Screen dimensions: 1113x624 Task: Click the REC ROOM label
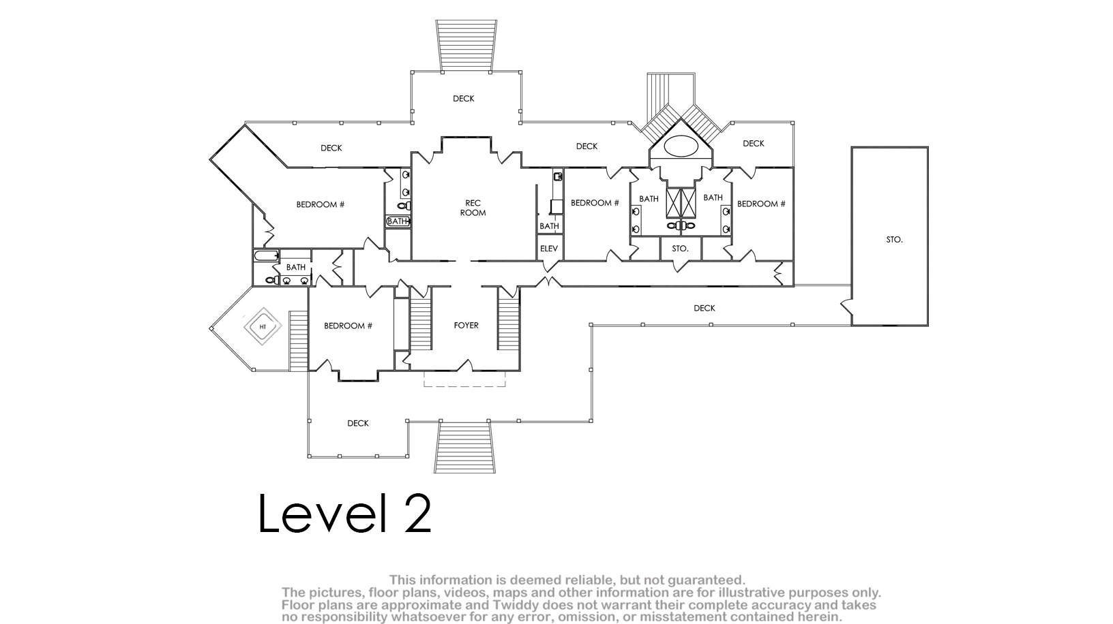(473, 208)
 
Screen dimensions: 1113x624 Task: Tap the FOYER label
(466, 326)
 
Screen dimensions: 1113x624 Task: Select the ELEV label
(549, 249)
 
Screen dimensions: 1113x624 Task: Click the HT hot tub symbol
(263, 326)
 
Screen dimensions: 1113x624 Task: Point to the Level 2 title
(345, 514)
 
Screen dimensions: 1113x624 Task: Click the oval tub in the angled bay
(681, 146)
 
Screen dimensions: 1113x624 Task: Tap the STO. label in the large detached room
(894, 240)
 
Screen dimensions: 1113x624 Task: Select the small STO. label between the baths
(680, 249)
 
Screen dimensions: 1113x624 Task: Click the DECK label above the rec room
(464, 99)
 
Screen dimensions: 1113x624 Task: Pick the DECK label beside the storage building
(704, 309)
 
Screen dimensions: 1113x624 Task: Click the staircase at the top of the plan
(466, 46)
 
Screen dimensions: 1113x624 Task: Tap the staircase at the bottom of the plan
(465, 447)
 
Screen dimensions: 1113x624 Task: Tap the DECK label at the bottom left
(358, 424)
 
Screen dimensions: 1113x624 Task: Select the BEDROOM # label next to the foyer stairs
(348, 326)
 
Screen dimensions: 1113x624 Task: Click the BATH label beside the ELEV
(549, 226)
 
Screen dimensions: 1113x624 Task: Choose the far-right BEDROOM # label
(761, 204)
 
